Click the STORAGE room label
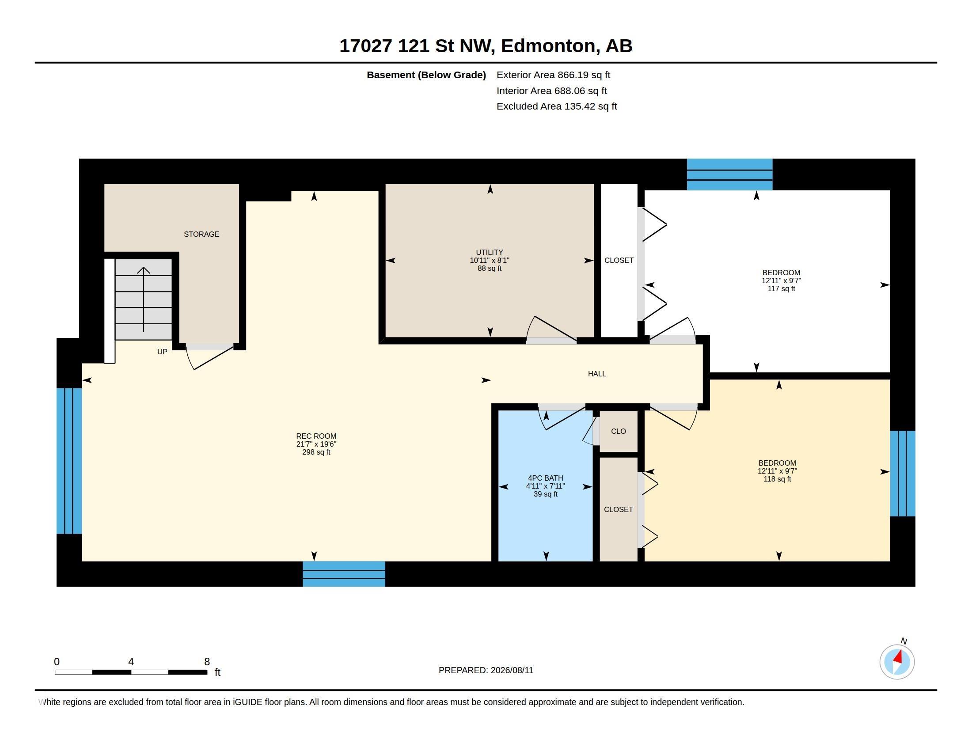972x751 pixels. [x=201, y=234]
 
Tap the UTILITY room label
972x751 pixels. [x=489, y=252]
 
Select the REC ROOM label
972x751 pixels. [x=316, y=436]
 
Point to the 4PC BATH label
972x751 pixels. [x=545, y=478]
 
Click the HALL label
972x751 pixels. [x=597, y=374]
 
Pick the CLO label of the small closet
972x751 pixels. [x=618, y=431]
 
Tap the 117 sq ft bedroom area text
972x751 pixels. [x=781, y=289]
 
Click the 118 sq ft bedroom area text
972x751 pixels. [x=777, y=479]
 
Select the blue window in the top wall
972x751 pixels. [x=729, y=174]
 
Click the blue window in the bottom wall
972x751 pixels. [x=344, y=574]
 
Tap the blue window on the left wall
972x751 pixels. [x=69, y=461]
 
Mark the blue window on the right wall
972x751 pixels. [x=903, y=474]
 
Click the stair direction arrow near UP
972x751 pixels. [x=143, y=300]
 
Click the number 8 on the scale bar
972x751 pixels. [x=207, y=662]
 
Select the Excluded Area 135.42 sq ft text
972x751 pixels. [x=556, y=106]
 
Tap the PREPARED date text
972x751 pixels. [x=486, y=670]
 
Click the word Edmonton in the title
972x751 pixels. [x=548, y=46]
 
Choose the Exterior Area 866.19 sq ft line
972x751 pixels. [x=553, y=75]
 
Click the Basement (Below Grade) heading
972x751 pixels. [x=426, y=75]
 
